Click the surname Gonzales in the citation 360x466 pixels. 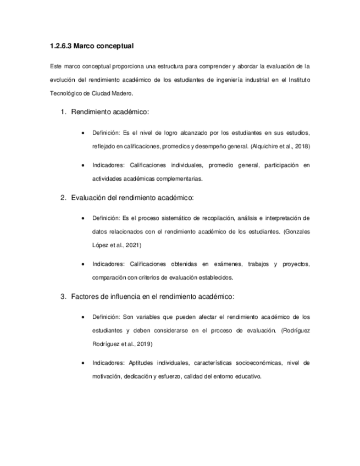(x=297, y=232)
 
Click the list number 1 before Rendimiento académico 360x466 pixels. (x=63, y=113)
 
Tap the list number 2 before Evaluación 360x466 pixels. (x=63, y=198)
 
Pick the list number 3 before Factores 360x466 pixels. (x=63, y=297)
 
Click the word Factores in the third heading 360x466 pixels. (x=85, y=297)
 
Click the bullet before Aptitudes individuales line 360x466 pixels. (x=82, y=363)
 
